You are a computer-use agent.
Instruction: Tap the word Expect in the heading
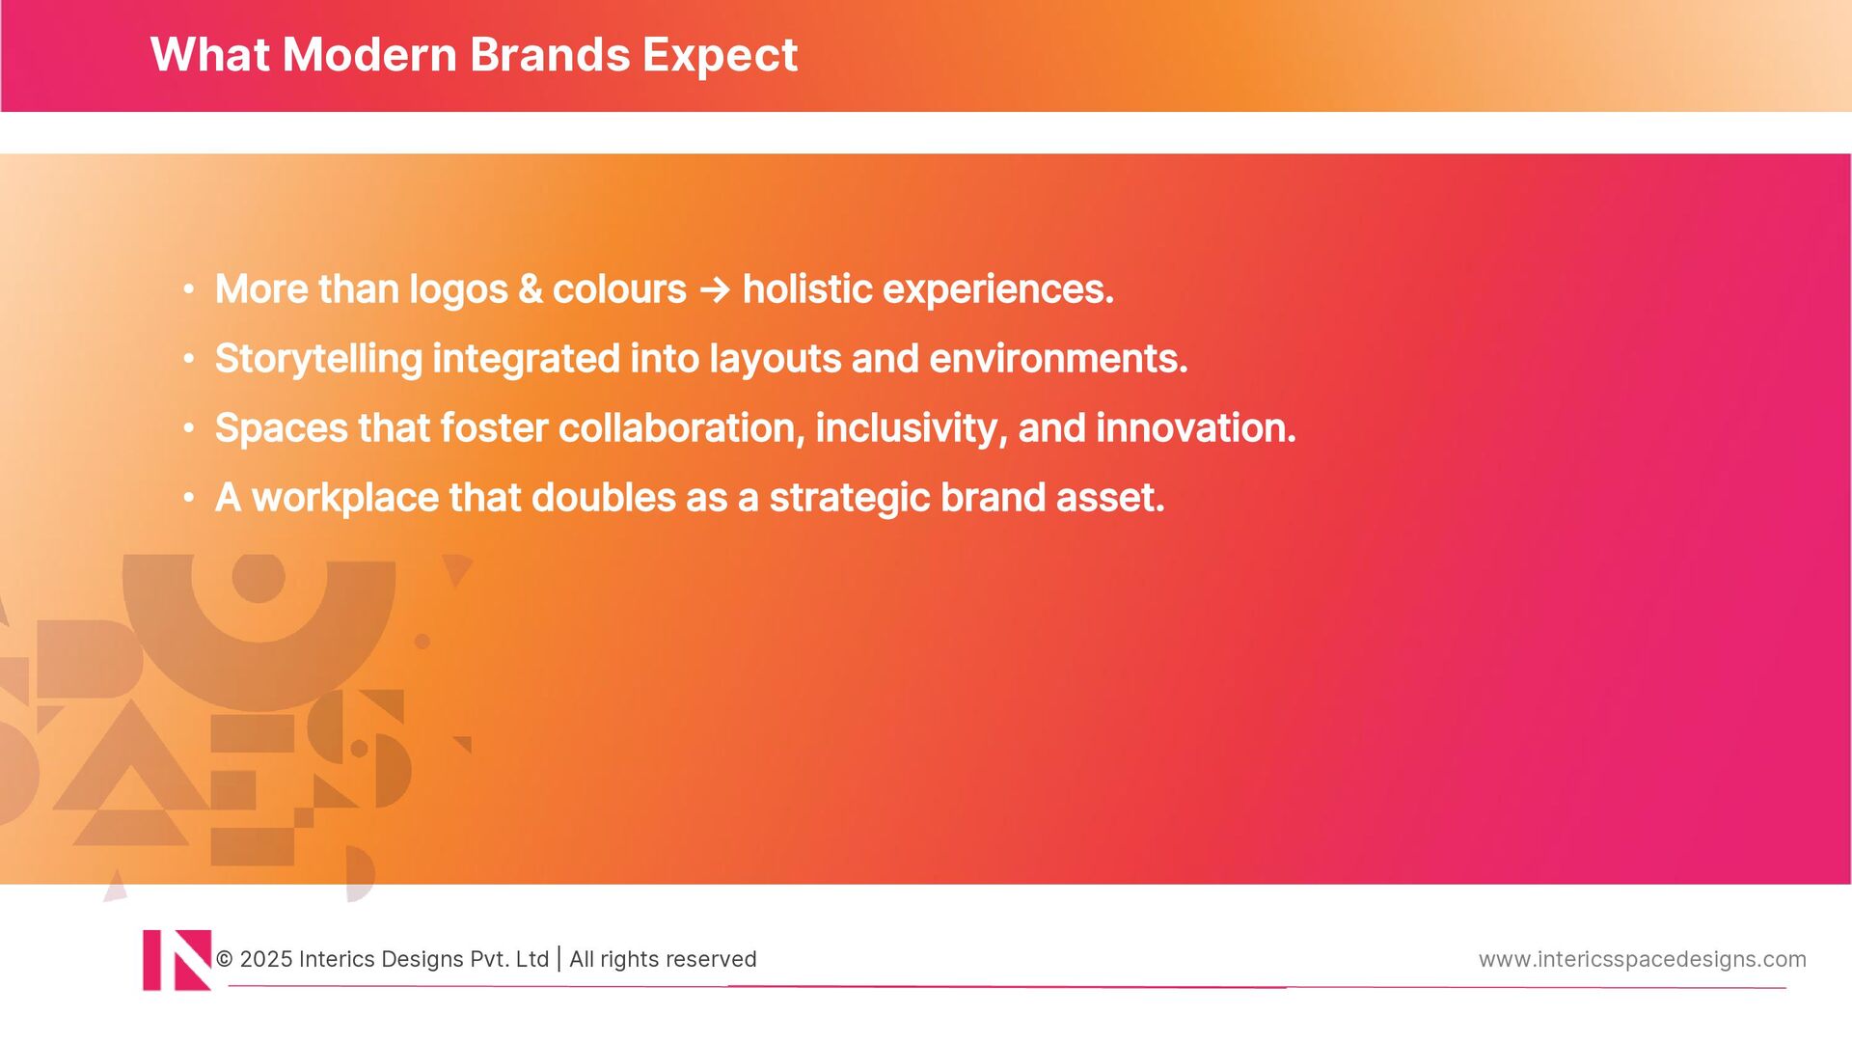pyautogui.click(x=720, y=56)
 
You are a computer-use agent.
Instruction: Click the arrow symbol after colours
pyautogui.click(x=715, y=289)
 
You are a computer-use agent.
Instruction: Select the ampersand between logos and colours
pyautogui.click(x=530, y=289)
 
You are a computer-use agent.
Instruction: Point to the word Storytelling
pyautogui.click(x=318, y=359)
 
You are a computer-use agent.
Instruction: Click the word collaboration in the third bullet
pyautogui.click(x=681, y=427)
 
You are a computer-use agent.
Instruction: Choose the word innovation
pyautogui.click(x=1195, y=427)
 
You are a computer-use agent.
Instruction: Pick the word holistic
pyautogui.click(x=807, y=289)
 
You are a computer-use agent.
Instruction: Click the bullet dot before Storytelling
pyautogui.click(x=189, y=359)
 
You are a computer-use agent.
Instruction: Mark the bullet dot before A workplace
pyautogui.click(x=189, y=498)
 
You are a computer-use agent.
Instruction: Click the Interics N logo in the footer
pyautogui.click(x=177, y=960)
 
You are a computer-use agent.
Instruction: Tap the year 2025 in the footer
pyautogui.click(x=266, y=959)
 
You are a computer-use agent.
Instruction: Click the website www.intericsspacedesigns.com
pyautogui.click(x=1642, y=959)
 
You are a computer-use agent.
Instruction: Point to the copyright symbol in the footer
pyautogui.click(x=225, y=959)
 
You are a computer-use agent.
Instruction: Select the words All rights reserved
pyautogui.click(x=663, y=959)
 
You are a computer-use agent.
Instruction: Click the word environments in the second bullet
pyautogui.click(x=1058, y=359)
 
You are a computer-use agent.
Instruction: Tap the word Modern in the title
pyautogui.click(x=369, y=54)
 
